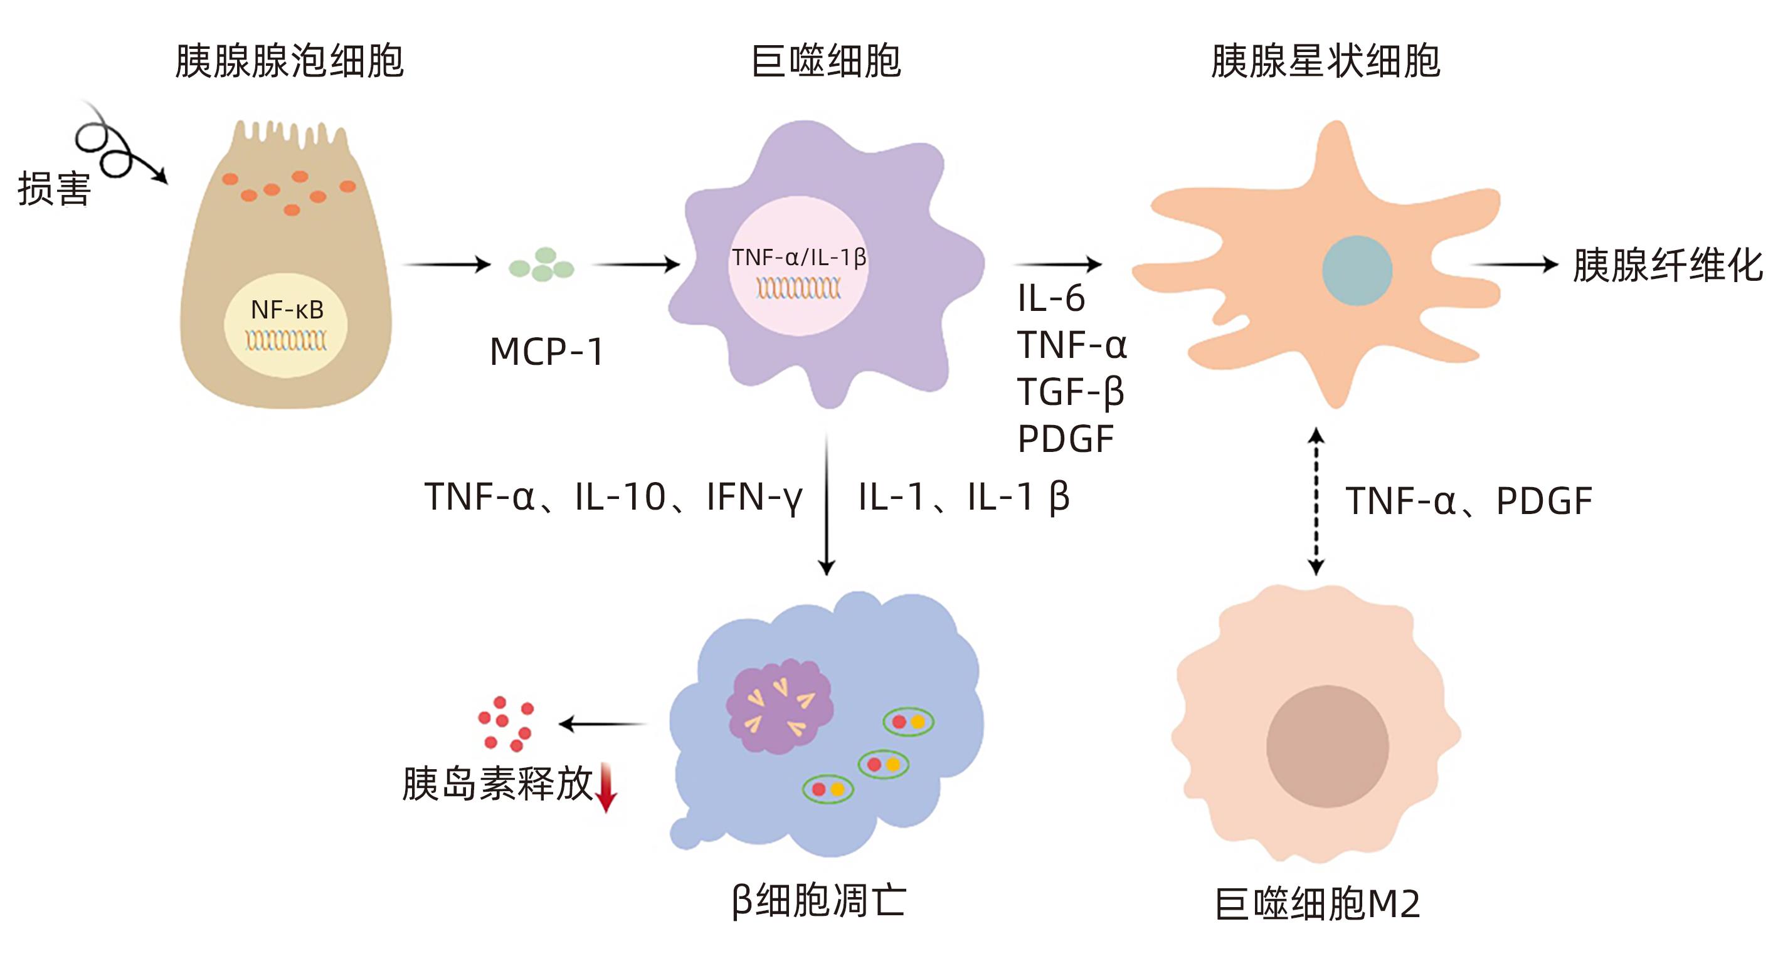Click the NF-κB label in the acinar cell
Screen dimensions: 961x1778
(287, 310)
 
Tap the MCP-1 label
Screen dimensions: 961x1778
(547, 352)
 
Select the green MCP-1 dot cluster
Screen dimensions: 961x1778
(542, 265)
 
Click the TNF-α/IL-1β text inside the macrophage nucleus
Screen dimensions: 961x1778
(798, 257)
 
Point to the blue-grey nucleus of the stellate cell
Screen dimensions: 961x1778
(1357, 270)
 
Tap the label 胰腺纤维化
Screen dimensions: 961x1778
(1667, 266)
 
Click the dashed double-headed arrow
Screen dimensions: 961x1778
(1316, 501)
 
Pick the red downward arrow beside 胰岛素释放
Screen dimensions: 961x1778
(606, 787)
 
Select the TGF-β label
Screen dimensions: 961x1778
(1071, 392)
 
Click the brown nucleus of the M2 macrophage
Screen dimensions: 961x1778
(1326, 746)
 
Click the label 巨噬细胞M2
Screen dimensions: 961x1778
(1317, 904)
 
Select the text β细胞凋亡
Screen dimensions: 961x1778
(818, 900)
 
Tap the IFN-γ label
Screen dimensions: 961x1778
(754, 497)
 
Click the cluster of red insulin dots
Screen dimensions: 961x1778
(506, 723)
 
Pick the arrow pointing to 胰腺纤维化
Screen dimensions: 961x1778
(1515, 264)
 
